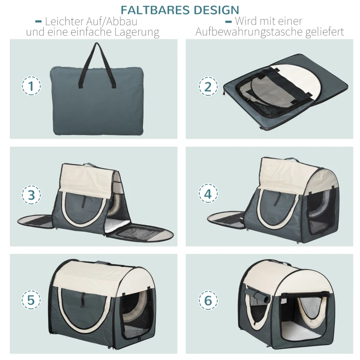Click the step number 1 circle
(31, 86)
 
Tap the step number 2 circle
(208, 86)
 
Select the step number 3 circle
(31, 195)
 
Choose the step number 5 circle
(31, 301)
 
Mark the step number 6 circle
(208, 301)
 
